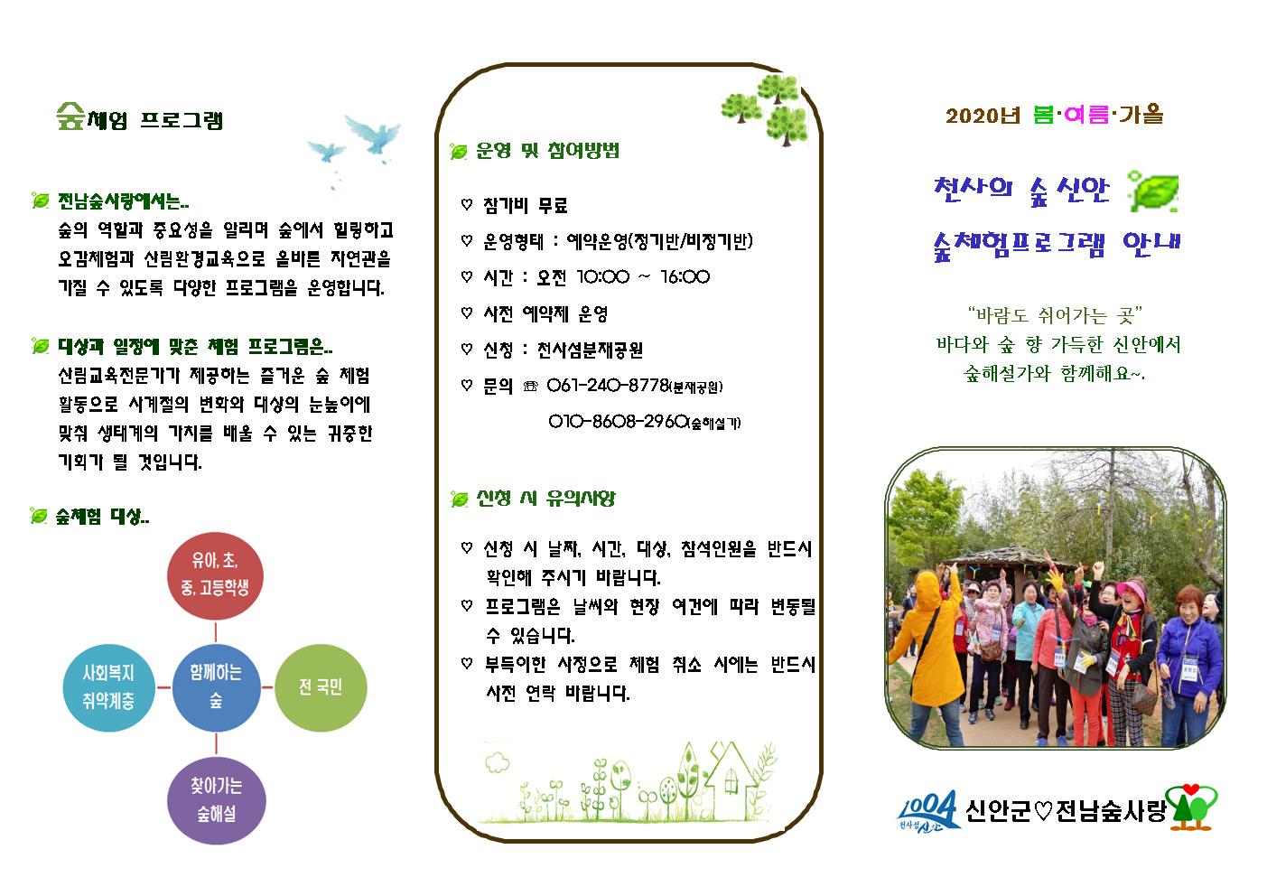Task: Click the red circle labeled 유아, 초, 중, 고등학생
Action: (215, 574)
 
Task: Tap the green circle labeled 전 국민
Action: (320, 687)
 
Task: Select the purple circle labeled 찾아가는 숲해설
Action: (216, 799)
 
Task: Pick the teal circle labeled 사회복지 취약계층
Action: (108, 687)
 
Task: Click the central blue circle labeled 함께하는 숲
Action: (216, 687)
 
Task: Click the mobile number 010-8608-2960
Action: (619, 422)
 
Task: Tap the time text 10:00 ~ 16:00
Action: (642, 277)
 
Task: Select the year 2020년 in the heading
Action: (983, 116)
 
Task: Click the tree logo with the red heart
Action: (1192, 807)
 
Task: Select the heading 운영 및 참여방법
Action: (547, 151)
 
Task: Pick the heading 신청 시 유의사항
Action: (545, 499)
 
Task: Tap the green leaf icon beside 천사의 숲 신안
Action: (1154, 191)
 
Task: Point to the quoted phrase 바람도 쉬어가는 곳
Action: (1055, 315)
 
